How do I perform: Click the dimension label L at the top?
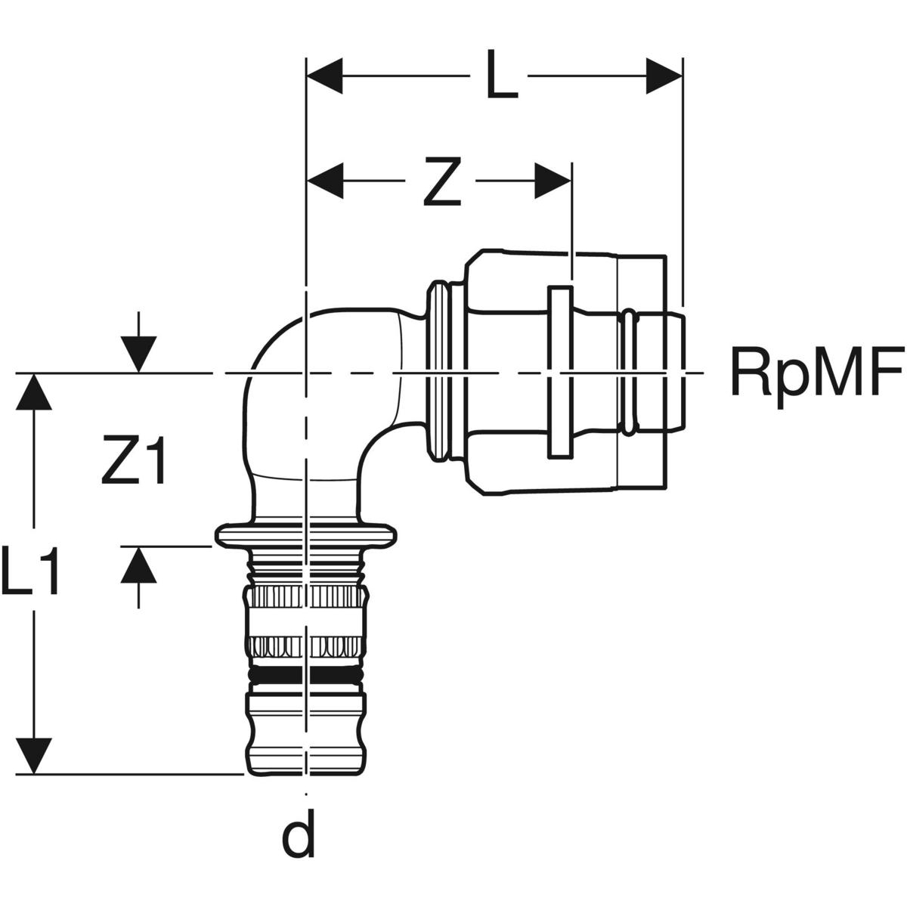501,76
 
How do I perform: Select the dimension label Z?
441,181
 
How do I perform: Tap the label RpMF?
816,372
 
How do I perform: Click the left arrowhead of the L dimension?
325,76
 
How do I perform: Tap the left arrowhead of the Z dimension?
325,181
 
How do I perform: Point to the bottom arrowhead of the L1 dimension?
33,756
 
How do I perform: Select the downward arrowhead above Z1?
138,354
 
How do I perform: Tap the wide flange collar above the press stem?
306,536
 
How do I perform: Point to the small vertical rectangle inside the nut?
560,372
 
